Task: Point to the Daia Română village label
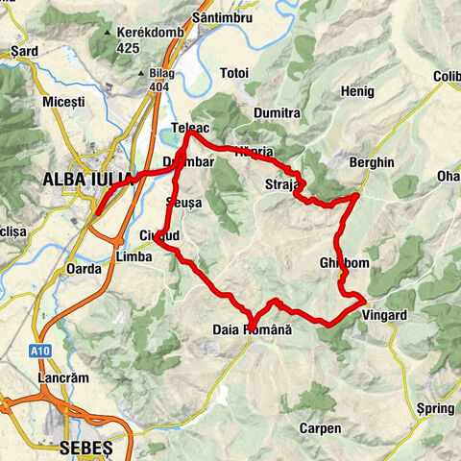tap(251, 329)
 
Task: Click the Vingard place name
tap(385, 315)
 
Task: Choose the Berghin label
tap(372, 163)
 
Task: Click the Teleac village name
tap(190, 128)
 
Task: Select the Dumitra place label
tap(278, 112)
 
